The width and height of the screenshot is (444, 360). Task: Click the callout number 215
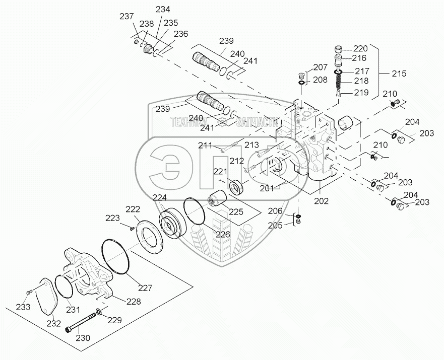pyautogui.click(x=399, y=74)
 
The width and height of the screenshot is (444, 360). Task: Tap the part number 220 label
pyautogui.click(x=360, y=49)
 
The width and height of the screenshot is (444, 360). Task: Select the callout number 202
pyautogui.click(x=321, y=201)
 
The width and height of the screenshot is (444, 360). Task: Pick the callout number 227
pyautogui.click(x=145, y=288)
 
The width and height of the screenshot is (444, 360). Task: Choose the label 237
pyautogui.click(x=126, y=16)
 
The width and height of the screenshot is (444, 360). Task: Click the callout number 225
pyautogui.click(x=236, y=211)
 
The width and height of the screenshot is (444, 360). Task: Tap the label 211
pyautogui.click(x=205, y=146)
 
